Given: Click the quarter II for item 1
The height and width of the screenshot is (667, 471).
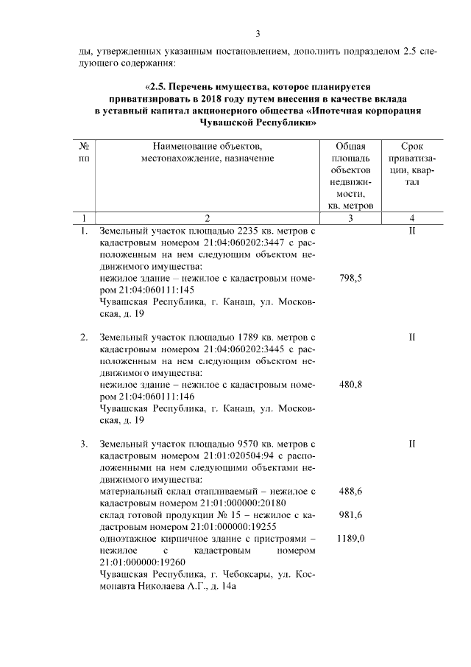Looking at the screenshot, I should (x=412, y=231).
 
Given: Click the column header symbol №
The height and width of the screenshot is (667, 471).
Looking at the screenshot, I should (x=84, y=147).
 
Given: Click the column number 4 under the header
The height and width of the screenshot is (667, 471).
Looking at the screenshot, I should (x=412, y=217).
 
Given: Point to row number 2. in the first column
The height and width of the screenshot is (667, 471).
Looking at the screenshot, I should (x=84, y=337).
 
